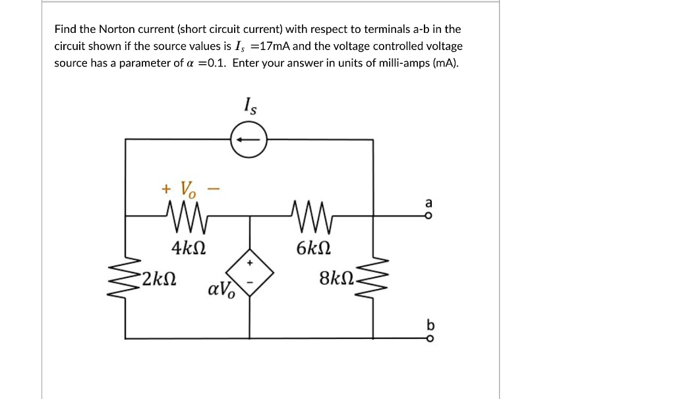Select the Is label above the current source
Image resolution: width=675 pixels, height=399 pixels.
click(x=250, y=105)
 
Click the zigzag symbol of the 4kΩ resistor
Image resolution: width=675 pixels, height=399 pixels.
click(x=187, y=215)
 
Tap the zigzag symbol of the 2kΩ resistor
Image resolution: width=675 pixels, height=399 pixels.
click(x=125, y=277)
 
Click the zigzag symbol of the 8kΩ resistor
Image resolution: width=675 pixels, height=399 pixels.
click(x=374, y=277)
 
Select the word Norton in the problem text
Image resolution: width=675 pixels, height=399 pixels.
click(x=117, y=29)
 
